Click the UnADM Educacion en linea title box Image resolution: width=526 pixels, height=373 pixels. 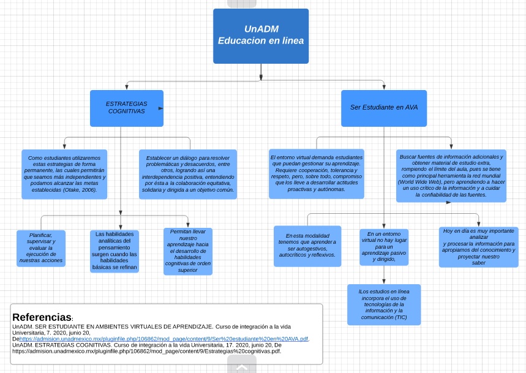pos(261,36)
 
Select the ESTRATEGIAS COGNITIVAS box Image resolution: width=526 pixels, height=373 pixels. pos(126,108)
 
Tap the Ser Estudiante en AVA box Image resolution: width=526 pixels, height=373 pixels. pos(384,108)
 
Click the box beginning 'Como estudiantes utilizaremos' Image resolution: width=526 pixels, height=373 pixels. pos(64,174)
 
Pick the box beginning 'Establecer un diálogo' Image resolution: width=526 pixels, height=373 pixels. pos(187,174)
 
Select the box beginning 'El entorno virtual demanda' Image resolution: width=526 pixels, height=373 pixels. pos(316,173)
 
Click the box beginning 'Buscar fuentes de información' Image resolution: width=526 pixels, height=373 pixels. pos(451,175)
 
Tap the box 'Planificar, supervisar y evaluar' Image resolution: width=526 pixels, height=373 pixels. pos(41,247)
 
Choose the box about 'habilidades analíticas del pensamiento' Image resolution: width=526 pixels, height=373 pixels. pos(115,251)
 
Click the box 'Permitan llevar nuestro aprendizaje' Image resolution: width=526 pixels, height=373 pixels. pos(187,251)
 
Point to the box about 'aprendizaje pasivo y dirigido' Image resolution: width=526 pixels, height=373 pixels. pos(383,246)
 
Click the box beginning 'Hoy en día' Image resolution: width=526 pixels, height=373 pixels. pos(478,246)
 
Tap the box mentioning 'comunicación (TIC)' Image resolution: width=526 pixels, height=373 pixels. pos(384,304)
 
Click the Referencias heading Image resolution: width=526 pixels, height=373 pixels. pos(42,317)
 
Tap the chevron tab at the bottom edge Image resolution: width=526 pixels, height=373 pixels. pos(242,367)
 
